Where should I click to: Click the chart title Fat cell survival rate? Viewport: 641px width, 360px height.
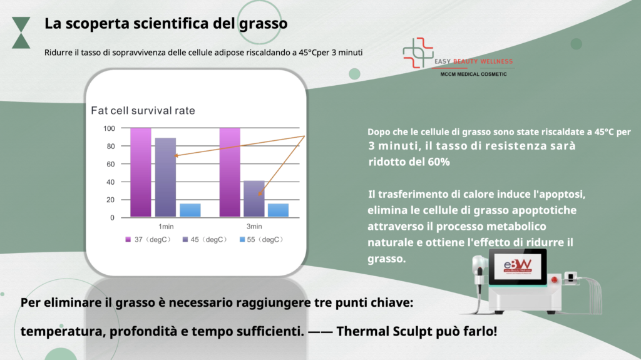[143, 110]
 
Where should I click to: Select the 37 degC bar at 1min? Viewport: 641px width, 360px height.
[141, 172]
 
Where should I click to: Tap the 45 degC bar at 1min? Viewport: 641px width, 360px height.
[165, 177]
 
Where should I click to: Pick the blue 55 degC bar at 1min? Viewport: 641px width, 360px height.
[190, 210]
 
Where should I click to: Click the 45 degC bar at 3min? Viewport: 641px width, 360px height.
[254, 198]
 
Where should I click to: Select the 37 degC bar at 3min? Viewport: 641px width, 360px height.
[230, 172]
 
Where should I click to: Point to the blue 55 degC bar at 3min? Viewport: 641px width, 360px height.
[278, 210]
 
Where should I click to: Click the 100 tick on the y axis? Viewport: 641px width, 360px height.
[109, 128]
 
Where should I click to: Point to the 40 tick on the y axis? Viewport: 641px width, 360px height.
[110, 182]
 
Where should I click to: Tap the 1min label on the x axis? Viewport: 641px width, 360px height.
[166, 226]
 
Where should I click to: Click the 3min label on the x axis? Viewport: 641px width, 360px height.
[254, 226]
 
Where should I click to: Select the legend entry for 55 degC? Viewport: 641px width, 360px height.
[261, 239]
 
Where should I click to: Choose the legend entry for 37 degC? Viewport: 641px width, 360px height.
[148, 239]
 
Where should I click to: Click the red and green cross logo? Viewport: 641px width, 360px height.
[418, 53]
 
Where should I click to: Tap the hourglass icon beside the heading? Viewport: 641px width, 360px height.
[21, 33]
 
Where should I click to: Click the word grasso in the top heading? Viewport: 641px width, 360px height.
[264, 24]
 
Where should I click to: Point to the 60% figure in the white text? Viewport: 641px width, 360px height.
[439, 162]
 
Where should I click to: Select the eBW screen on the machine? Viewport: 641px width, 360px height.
[518, 267]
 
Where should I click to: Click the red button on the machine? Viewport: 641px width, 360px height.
[555, 280]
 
